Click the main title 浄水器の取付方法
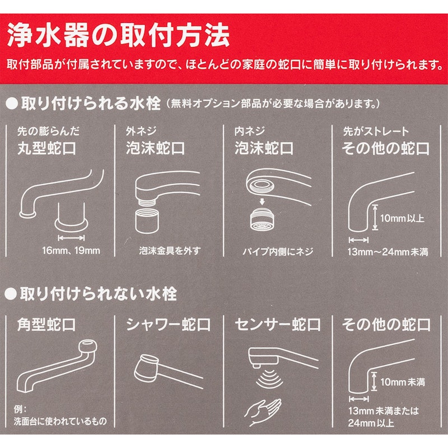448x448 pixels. pyautogui.click(x=118, y=35)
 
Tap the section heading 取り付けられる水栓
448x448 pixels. pyautogui.click(x=90, y=103)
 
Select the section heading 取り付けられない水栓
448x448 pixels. pyautogui.click(x=99, y=293)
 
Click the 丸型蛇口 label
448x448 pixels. pyautogui.click(x=46, y=148)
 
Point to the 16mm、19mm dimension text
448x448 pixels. pyautogui.click(x=71, y=251)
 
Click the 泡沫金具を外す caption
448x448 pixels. pyautogui.click(x=170, y=251)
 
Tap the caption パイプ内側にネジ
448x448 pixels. pyautogui.click(x=278, y=251)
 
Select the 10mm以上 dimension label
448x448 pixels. pyautogui.click(x=402, y=218)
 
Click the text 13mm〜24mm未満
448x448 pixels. pyautogui.click(x=388, y=251)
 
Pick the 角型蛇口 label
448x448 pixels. pyautogui.click(x=46, y=325)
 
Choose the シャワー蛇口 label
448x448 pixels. pyautogui.click(x=169, y=325)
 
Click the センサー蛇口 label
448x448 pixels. pyautogui.click(x=278, y=325)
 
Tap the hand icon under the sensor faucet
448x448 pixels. pyautogui.click(x=263, y=412)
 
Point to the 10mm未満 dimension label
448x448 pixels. pyautogui.click(x=403, y=382)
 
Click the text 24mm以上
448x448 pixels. pyautogui.click(x=371, y=423)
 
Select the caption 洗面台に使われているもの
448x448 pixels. pyautogui.click(x=60, y=421)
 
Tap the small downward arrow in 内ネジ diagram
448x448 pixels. pyautogui.click(x=262, y=202)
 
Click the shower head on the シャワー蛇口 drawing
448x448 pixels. pyautogui.click(x=146, y=368)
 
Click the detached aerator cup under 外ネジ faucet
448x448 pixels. pyautogui.click(x=147, y=221)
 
